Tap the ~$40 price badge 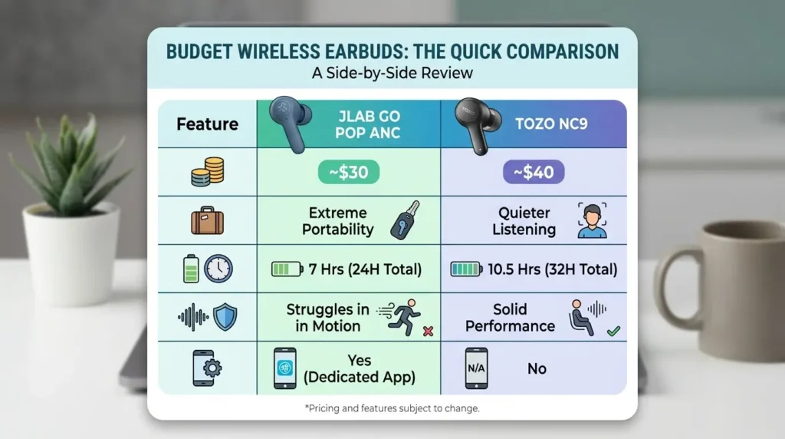tap(534, 173)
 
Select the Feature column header tap(207, 124)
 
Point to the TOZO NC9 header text tap(551, 123)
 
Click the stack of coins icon tap(208, 172)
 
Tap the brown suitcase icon tap(207, 221)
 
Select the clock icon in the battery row tap(218, 269)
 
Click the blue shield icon tap(225, 317)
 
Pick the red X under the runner tap(428, 332)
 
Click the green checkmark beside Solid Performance tap(613, 332)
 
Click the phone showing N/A tap(477, 368)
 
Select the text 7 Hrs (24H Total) tap(364, 269)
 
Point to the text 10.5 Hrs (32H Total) tap(550, 269)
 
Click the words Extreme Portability tap(337, 221)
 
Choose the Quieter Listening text tap(524, 221)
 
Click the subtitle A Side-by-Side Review tap(392, 74)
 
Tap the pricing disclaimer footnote tap(392, 408)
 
